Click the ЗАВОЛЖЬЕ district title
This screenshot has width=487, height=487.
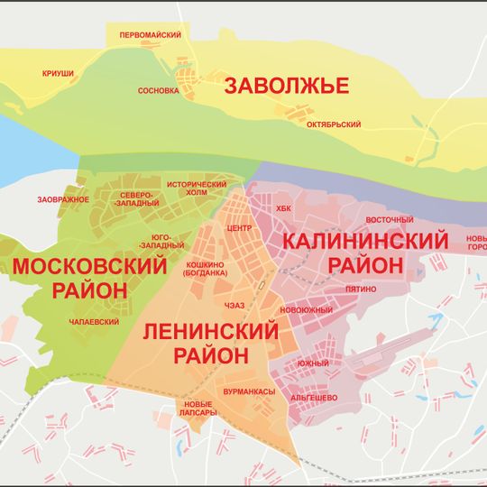point(286,87)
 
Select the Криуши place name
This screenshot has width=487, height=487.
point(57,72)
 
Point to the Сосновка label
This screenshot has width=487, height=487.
point(159,91)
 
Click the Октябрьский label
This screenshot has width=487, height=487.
point(334,124)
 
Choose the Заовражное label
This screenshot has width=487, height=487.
point(62,198)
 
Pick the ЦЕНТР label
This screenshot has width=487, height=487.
point(240,228)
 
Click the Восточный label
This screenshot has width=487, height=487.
point(389,220)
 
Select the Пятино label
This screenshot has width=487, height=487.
point(361,289)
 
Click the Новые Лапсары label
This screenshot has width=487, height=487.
point(198,408)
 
